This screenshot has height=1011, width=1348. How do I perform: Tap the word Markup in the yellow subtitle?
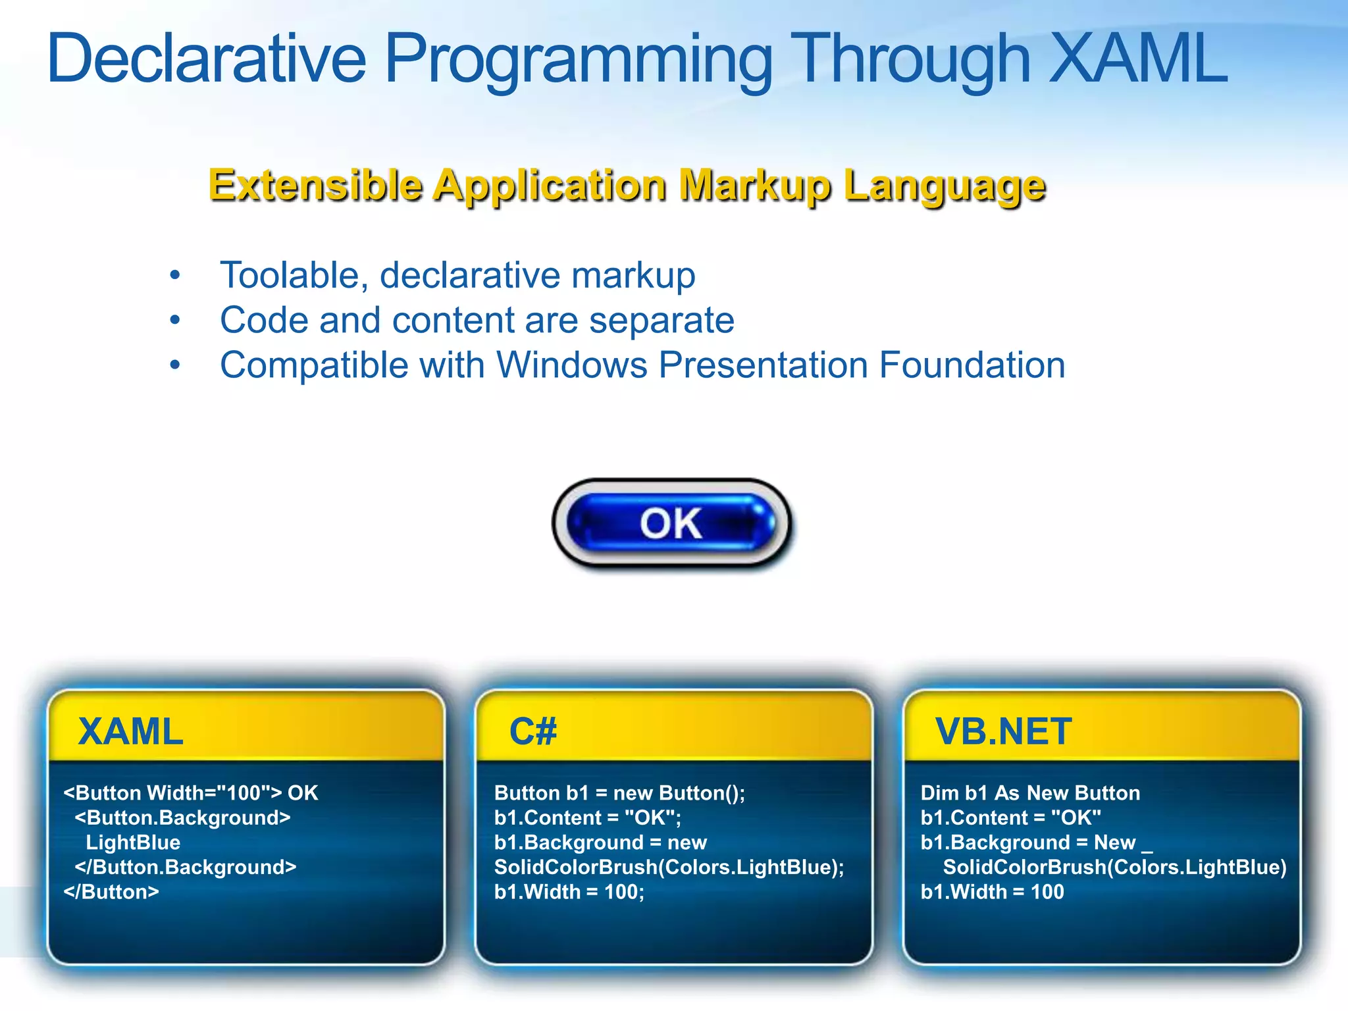point(755,186)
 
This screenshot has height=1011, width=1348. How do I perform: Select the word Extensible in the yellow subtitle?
point(315,186)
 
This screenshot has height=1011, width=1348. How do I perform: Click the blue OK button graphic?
point(671,523)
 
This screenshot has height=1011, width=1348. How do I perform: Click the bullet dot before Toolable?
point(174,275)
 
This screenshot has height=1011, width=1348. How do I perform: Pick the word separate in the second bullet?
point(661,321)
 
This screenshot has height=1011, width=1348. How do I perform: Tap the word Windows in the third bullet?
point(571,365)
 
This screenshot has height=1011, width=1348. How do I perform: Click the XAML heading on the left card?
point(130,731)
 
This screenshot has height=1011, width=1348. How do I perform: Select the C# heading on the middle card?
point(533,731)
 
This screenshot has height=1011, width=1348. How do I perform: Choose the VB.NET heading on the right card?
point(1003,731)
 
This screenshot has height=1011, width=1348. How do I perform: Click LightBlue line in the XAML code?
point(133,842)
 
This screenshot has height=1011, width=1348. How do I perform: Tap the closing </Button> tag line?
point(111,892)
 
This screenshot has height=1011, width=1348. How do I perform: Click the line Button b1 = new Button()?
point(619,793)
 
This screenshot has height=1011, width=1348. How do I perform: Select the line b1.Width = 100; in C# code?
point(569,892)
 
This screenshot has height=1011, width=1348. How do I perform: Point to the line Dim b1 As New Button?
point(1030,793)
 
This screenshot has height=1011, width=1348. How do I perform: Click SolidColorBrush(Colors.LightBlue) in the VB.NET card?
point(1114,868)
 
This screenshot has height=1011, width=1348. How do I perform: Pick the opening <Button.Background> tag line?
point(182,818)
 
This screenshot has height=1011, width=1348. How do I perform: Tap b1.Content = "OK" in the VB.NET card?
point(1010,818)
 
